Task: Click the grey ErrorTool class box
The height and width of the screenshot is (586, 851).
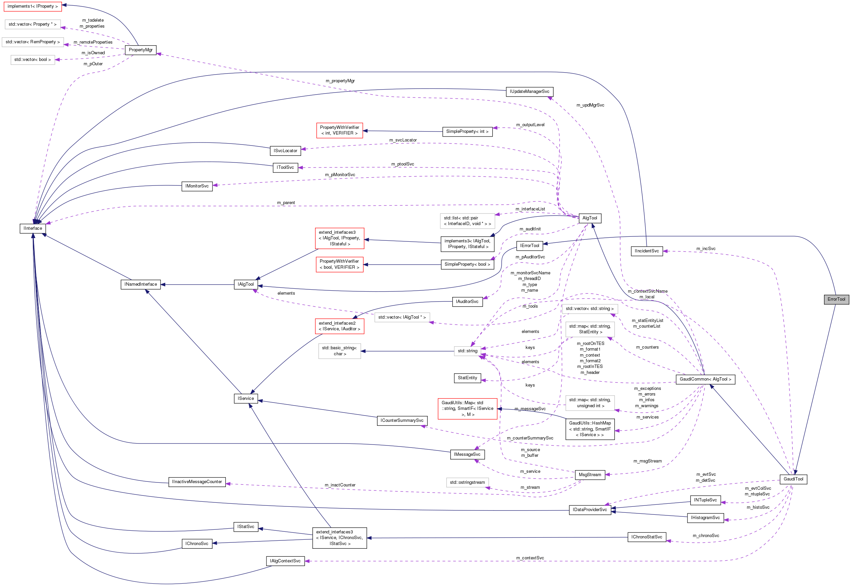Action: coord(836,299)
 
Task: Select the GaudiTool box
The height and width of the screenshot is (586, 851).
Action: coord(793,479)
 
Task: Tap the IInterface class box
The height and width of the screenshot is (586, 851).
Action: coord(33,228)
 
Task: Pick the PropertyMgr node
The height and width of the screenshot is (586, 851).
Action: coord(141,50)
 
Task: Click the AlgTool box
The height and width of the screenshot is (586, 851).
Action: coord(590,218)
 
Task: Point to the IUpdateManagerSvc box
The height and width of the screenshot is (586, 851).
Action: coord(529,92)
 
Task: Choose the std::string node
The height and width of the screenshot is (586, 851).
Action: coord(467,351)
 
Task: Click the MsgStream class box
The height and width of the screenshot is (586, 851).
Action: coord(590,475)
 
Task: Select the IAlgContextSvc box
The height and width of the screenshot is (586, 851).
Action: coord(285,561)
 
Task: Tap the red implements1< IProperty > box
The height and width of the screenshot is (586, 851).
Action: coord(32,6)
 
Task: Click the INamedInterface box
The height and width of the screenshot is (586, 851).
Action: coord(140,284)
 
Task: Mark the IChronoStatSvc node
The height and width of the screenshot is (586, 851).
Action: coord(646,537)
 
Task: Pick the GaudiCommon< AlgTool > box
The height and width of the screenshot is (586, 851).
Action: coord(705,379)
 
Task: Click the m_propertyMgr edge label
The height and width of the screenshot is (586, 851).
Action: coord(340,81)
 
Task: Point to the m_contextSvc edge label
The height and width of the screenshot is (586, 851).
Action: coord(530,558)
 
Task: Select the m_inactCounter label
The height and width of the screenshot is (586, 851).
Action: coord(340,485)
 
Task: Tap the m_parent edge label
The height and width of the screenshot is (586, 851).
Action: coord(286,203)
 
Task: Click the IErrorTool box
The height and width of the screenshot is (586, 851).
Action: coord(529,246)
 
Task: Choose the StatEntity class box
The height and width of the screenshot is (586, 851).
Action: coord(467,378)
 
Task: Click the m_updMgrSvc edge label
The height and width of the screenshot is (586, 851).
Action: coord(590,105)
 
